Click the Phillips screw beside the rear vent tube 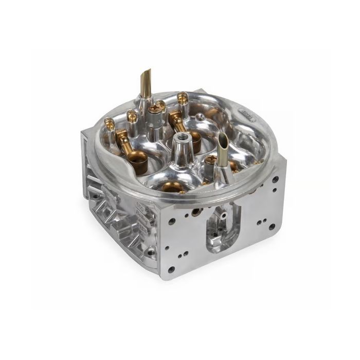point(156,109)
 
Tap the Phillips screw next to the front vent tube point(210,161)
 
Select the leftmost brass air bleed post point(109,123)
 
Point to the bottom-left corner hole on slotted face point(171,268)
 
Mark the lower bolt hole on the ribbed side point(150,253)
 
